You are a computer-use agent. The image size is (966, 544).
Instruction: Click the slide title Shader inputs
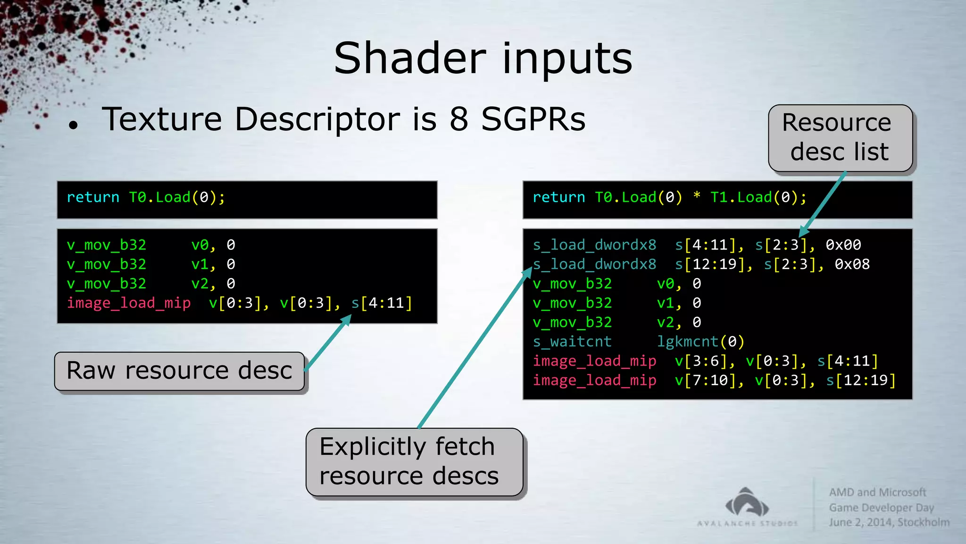pyautogui.click(x=483, y=59)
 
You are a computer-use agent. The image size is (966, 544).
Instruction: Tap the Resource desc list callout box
pyautogui.click(x=840, y=137)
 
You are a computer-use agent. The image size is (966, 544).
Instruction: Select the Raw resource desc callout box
pyautogui.click(x=179, y=371)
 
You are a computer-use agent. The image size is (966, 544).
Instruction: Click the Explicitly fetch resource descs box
pyautogui.click(x=414, y=462)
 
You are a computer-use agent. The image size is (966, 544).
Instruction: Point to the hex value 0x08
pyautogui.click(x=852, y=264)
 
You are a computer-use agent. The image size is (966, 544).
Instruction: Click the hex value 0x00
pyautogui.click(x=843, y=245)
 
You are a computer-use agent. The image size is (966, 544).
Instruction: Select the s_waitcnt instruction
pyautogui.click(x=572, y=341)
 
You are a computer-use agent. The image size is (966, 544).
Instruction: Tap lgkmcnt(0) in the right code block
pyautogui.click(x=700, y=341)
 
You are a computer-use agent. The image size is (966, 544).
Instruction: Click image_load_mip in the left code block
pyautogui.click(x=129, y=303)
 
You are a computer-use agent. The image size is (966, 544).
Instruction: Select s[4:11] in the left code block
pyautogui.click(x=382, y=303)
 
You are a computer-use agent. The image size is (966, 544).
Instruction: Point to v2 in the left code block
pyautogui.click(x=200, y=284)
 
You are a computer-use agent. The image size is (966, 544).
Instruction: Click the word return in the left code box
pyautogui.click(x=93, y=197)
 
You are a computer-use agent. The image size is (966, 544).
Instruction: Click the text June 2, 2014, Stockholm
pyautogui.click(x=889, y=523)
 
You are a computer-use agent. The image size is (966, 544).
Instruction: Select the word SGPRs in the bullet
pyautogui.click(x=533, y=119)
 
